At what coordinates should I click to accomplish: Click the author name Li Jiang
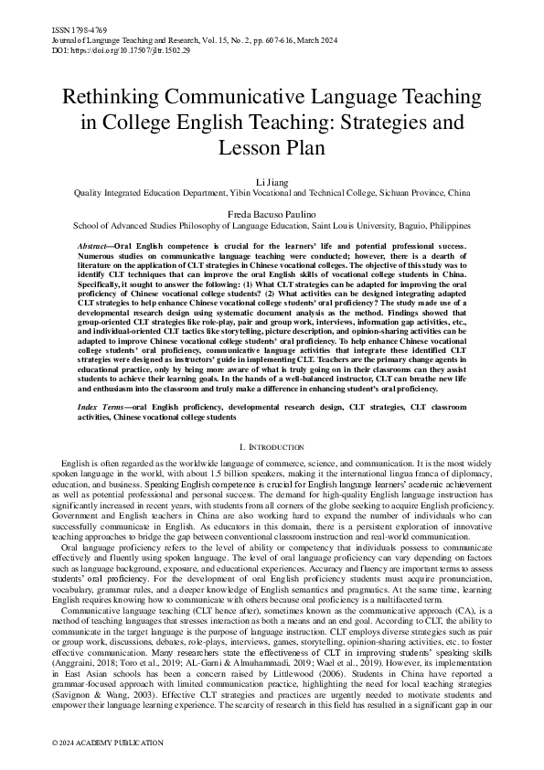click(x=272, y=183)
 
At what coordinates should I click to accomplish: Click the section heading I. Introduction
click(x=272, y=446)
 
